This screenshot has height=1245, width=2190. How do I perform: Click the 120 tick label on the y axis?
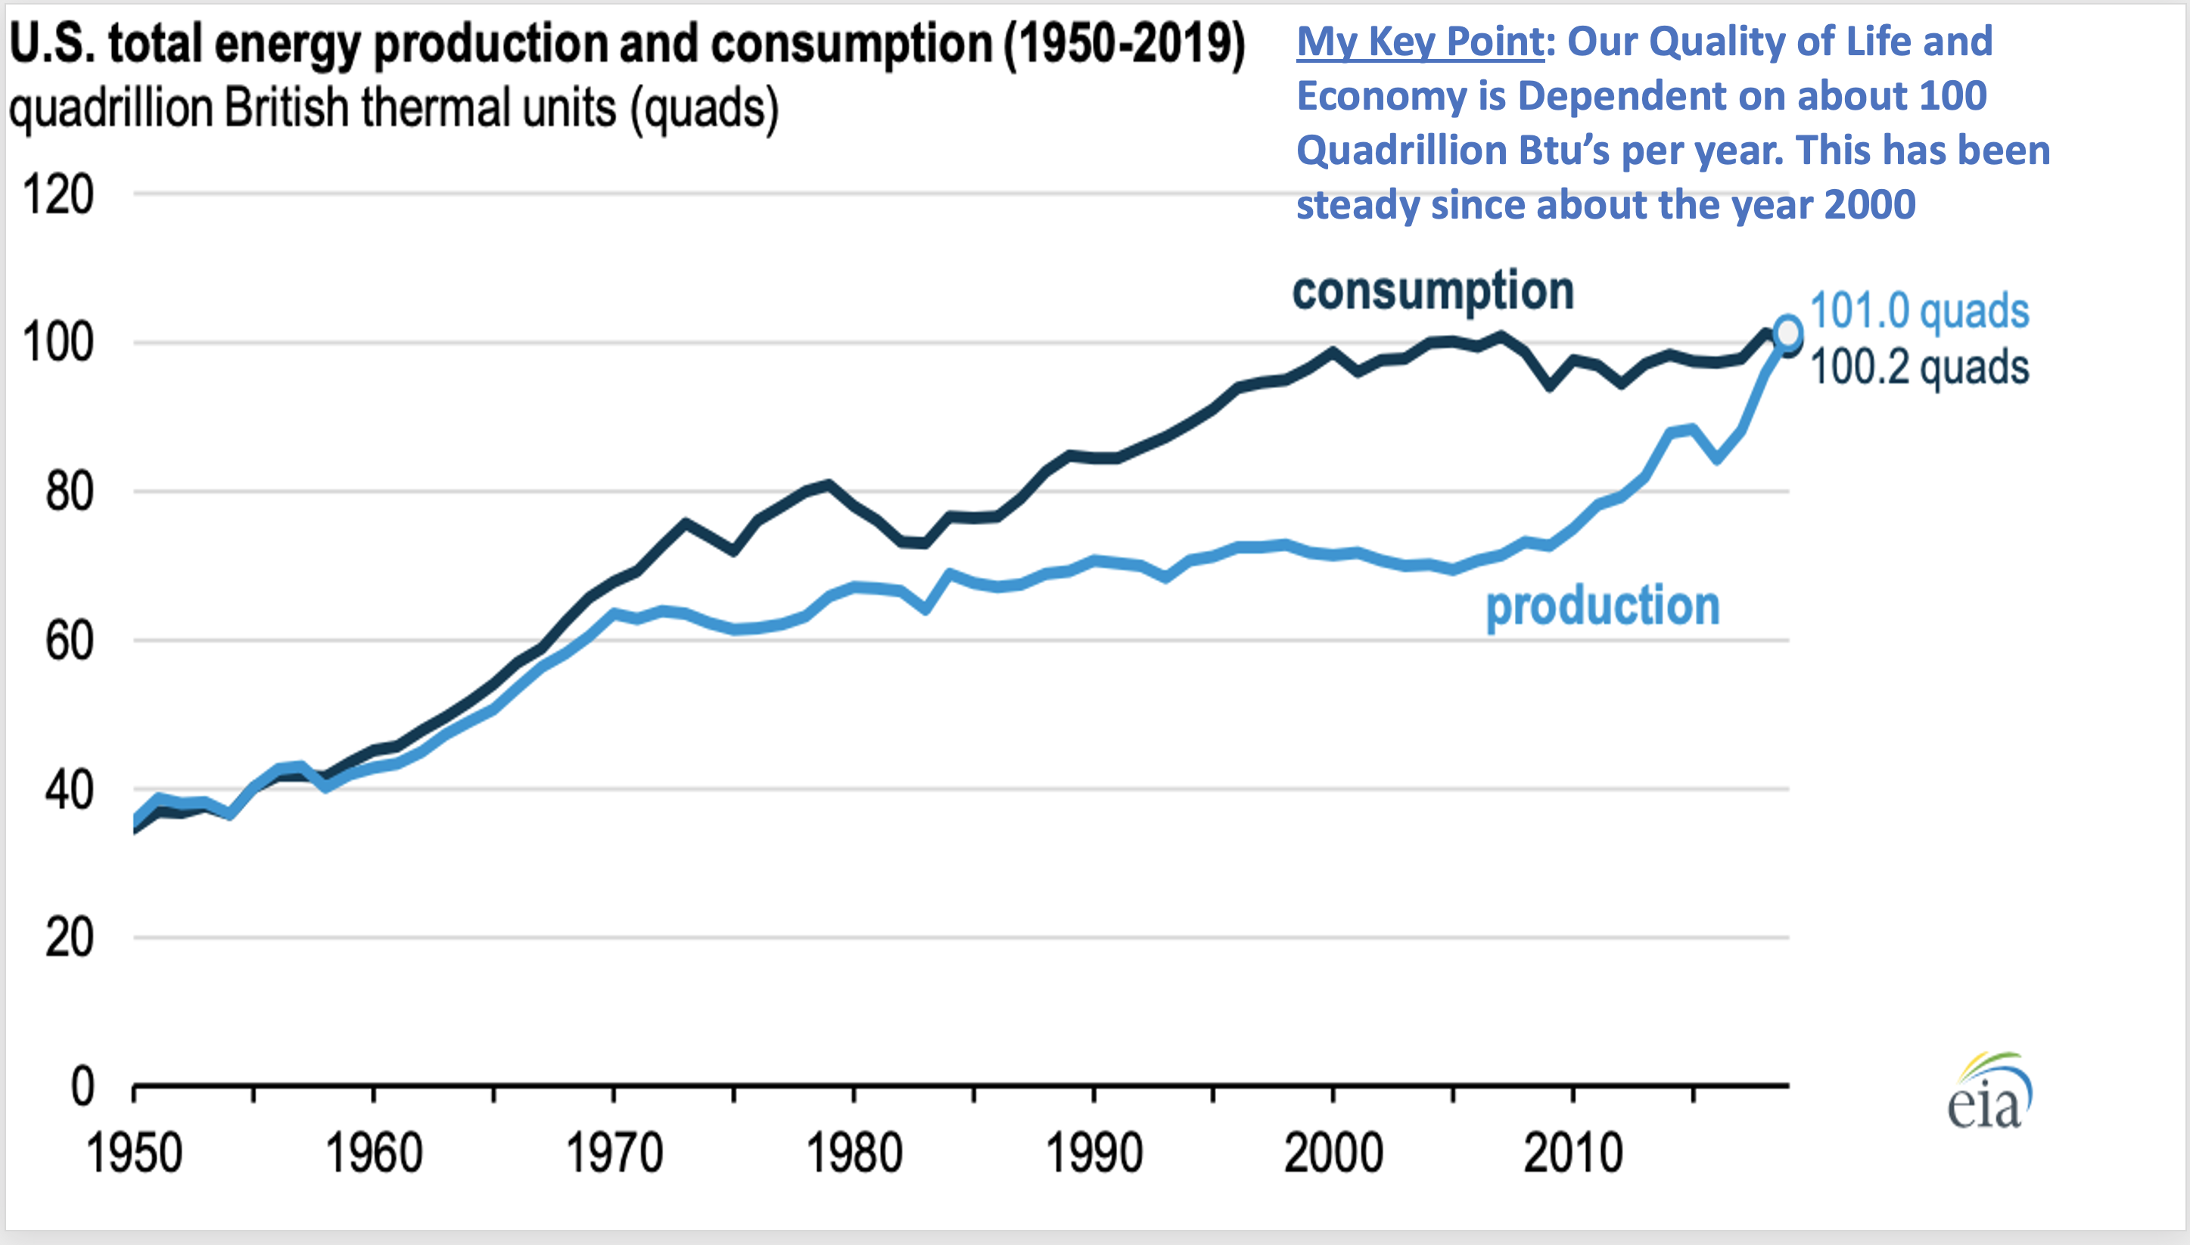click(x=58, y=195)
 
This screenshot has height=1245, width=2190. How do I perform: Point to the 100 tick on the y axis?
click(x=58, y=343)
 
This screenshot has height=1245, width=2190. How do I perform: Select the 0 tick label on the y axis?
click(x=82, y=1087)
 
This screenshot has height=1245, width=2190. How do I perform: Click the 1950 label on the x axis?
click(x=134, y=1153)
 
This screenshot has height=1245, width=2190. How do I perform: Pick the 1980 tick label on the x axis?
click(x=854, y=1153)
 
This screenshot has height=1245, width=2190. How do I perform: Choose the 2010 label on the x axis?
click(x=1573, y=1153)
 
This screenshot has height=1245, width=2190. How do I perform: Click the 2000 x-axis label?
click(x=1333, y=1153)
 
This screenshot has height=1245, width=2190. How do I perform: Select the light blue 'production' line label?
click(x=1602, y=607)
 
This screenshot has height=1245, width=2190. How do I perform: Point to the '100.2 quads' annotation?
click(x=1919, y=368)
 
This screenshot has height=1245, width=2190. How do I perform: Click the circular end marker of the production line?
click(x=1788, y=332)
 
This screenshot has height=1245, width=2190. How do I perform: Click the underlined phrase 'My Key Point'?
click(x=1420, y=41)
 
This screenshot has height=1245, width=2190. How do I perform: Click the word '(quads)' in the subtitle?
click(x=704, y=109)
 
